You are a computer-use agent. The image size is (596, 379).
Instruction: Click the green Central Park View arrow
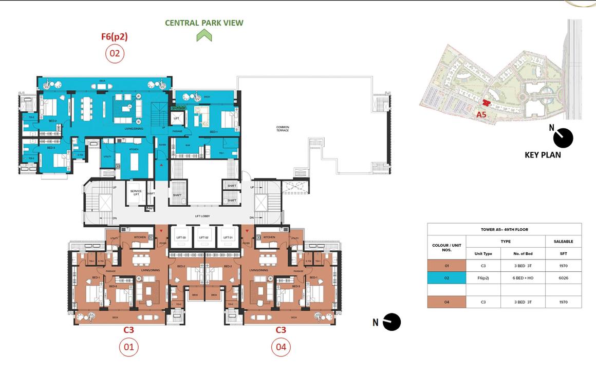pyautogui.click(x=204, y=35)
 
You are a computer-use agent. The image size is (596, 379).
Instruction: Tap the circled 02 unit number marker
pyautogui.click(x=115, y=53)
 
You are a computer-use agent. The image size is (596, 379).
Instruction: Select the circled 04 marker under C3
pyautogui.click(x=281, y=347)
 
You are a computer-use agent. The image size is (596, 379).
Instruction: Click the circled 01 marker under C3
pyautogui.click(x=128, y=347)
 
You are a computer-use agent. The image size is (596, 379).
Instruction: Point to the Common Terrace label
pyautogui.click(x=283, y=129)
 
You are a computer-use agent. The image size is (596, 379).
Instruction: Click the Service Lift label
pyautogui.click(x=136, y=192)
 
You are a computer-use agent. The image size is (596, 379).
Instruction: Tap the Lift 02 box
pyautogui.click(x=204, y=237)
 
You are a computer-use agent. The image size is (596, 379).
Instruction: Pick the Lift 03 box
pyautogui.click(x=181, y=237)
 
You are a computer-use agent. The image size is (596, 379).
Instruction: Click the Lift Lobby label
pyautogui.click(x=202, y=216)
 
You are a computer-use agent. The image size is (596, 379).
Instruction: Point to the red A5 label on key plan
pyautogui.click(x=481, y=114)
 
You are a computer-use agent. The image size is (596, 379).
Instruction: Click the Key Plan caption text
pyautogui.click(x=543, y=154)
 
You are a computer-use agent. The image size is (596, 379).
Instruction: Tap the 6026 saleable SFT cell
pyautogui.click(x=563, y=278)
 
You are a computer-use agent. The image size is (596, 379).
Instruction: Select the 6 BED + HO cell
pyautogui.click(x=523, y=278)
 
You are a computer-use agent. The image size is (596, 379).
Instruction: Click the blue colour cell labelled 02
pyautogui.click(x=446, y=278)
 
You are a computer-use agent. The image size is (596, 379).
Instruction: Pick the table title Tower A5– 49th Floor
pyautogui.click(x=504, y=229)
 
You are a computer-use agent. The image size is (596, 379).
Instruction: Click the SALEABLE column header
pyautogui.click(x=563, y=241)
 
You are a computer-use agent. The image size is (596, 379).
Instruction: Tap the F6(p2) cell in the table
pyautogui.click(x=483, y=278)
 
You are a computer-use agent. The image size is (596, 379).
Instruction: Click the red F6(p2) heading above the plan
pyautogui.click(x=114, y=36)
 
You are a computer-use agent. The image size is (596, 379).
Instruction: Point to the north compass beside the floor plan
pyautogui.click(x=392, y=322)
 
